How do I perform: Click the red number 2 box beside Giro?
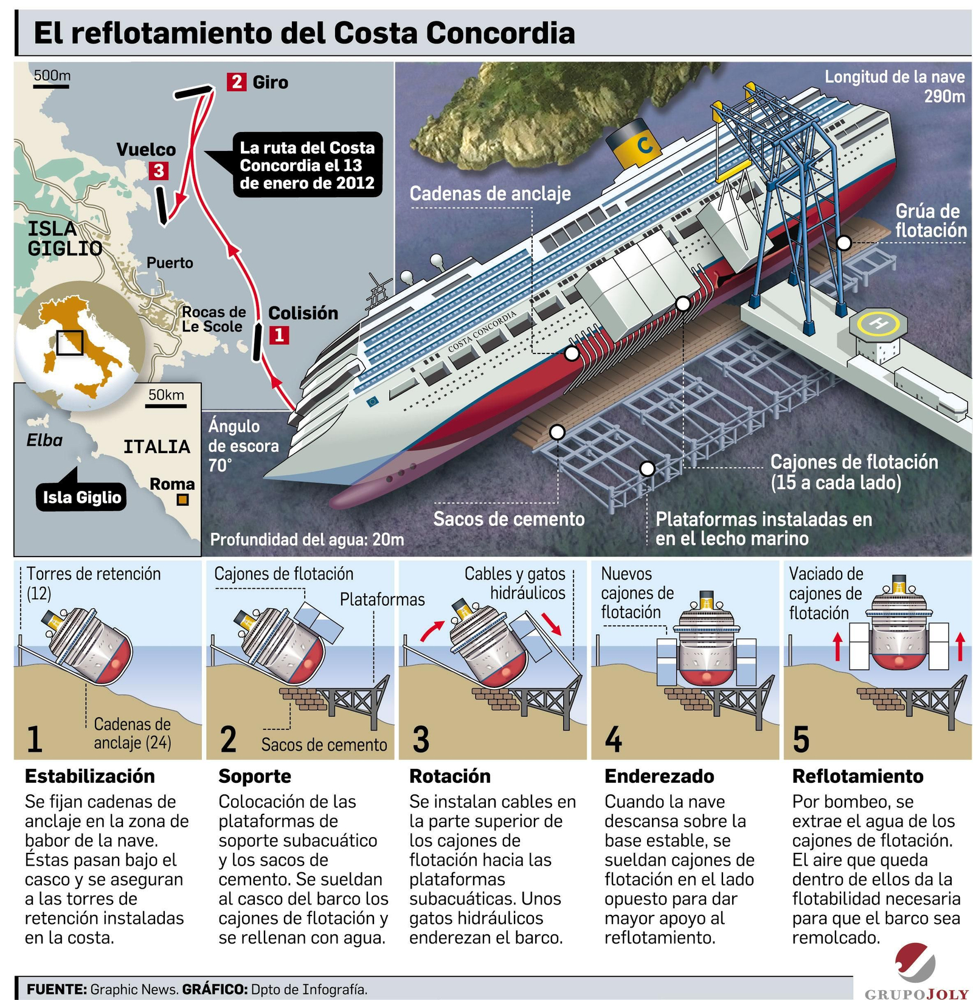(x=236, y=82)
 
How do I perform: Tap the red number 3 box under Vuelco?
(x=159, y=170)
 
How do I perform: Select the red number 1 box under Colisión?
(x=279, y=335)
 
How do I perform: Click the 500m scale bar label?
(x=52, y=76)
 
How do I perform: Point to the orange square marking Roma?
(x=182, y=500)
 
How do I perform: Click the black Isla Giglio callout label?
(x=81, y=498)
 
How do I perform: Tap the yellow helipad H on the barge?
(x=878, y=324)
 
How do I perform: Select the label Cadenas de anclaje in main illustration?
(x=490, y=193)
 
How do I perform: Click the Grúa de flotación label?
(x=930, y=220)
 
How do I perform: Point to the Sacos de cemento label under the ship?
(x=508, y=519)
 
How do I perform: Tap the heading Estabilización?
(x=89, y=776)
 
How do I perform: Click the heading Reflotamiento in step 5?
(x=857, y=776)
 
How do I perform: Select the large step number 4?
(x=613, y=739)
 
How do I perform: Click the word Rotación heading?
(x=449, y=776)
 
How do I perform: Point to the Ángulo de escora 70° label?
(x=243, y=445)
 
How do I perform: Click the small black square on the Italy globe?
(x=69, y=342)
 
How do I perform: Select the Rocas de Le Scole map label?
(x=213, y=319)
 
